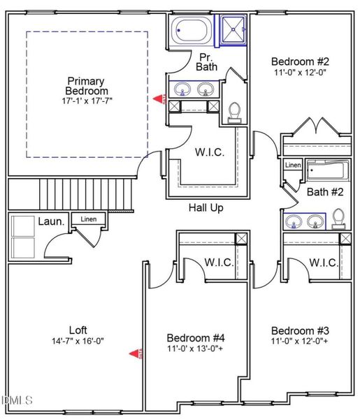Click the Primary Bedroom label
coord(87,86)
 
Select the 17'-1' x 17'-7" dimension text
coord(87,101)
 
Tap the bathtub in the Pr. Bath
coord(190,31)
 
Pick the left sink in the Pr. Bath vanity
coord(183,89)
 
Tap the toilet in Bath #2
coord(338,219)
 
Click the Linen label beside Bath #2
coord(294,166)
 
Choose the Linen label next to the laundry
coord(88,219)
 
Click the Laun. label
coord(51,222)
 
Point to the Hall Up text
coord(206,208)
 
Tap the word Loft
coord(78,330)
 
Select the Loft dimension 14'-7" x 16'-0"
coord(78,342)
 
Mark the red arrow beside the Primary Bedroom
coord(161,100)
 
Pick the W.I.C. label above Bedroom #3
coord(323,263)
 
